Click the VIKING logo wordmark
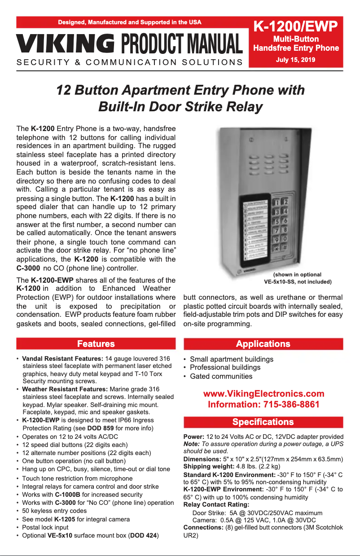(66, 44)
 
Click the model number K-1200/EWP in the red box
(295, 27)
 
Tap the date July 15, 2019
(295, 60)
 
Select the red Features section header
(96, 344)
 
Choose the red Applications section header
(263, 344)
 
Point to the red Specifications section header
(263, 422)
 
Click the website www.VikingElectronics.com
(263, 394)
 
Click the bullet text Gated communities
(221, 376)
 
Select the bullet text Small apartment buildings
(231, 359)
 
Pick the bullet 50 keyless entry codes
(54, 511)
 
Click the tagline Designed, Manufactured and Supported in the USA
(130, 22)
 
